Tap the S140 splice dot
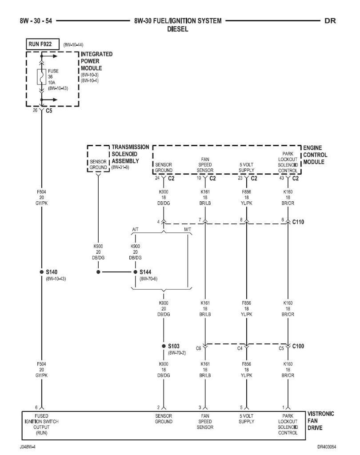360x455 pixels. tap(41, 271)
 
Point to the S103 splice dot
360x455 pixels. tap(164, 346)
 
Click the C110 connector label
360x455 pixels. tap(299, 220)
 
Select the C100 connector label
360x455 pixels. tap(299, 346)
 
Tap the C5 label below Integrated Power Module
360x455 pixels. tap(49, 112)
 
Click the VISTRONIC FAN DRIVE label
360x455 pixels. tap(320, 420)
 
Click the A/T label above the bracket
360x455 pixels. tap(136, 229)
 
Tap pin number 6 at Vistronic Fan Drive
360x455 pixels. tap(36, 407)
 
